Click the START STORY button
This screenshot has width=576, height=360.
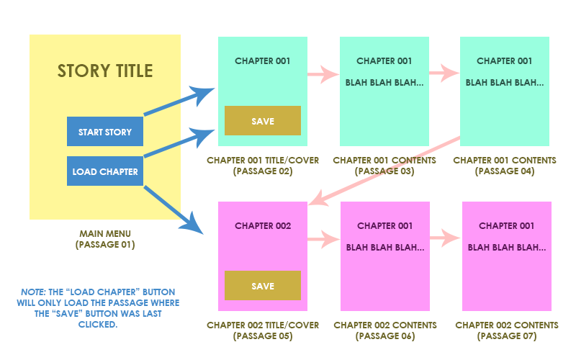pyautogui.click(x=104, y=132)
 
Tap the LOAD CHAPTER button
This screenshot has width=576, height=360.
pyautogui.click(x=104, y=171)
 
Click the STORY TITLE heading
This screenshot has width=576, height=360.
pyautogui.click(x=105, y=71)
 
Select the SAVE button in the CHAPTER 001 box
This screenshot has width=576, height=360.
pyautogui.click(x=262, y=121)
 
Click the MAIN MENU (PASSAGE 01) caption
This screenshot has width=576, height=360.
pyautogui.click(x=105, y=239)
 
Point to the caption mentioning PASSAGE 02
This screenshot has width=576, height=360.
pyautogui.click(x=263, y=166)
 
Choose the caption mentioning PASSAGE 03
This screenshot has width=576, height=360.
pyautogui.click(x=384, y=166)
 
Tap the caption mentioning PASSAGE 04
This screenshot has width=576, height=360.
pyautogui.click(x=505, y=166)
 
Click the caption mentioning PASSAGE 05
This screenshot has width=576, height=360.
pyautogui.click(x=263, y=330)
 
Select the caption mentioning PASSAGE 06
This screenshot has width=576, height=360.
pyautogui.click(x=384, y=330)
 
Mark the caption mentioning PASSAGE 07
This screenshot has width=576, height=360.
pyautogui.click(x=506, y=330)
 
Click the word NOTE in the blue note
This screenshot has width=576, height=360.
pyautogui.click(x=32, y=292)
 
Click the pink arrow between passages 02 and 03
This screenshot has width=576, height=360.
pyautogui.click(x=323, y=73)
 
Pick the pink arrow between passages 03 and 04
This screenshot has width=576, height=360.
pyautogui.click(x=444, y=73)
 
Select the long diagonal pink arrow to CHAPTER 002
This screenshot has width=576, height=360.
pyautogui.click(x=382, y=170)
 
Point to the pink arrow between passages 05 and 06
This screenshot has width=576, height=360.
pyautogui.click(x=323, y=238)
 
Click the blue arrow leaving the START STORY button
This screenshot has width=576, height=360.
pyautogui.click(x=179, y=102)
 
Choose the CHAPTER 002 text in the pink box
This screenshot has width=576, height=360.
pyautogui.click(x=263, y=226)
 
